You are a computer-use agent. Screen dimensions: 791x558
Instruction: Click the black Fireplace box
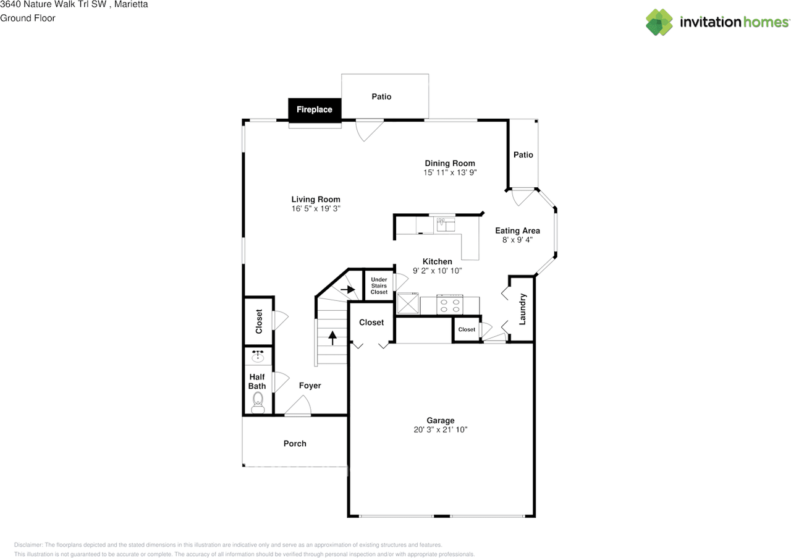315,109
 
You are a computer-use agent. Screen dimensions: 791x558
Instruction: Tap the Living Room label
316,199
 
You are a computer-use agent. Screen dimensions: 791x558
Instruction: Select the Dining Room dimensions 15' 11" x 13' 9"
450,172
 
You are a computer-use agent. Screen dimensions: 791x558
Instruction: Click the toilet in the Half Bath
258,403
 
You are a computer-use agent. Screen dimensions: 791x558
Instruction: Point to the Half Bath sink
258,357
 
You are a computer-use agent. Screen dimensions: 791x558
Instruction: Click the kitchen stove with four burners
450,305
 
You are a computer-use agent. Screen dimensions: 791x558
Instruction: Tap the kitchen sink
446,224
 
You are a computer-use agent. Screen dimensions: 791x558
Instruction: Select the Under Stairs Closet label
379,285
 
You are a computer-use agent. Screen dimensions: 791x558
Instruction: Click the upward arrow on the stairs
332,337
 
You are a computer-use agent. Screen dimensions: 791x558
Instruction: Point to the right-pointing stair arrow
348,290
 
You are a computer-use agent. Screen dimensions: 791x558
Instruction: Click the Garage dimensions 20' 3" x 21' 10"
441,429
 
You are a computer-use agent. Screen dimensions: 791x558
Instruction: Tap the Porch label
295,444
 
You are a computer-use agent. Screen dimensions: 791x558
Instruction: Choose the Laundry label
522,309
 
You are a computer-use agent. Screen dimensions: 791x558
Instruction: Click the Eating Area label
517,230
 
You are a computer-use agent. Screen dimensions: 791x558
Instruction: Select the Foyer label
310,386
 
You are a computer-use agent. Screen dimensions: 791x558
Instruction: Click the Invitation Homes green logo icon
659,22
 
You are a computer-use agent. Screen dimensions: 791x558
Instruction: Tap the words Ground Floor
28,18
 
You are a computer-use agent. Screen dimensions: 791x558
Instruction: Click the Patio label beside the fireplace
381,96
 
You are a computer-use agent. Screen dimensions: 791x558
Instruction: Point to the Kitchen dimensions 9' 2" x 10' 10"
437,271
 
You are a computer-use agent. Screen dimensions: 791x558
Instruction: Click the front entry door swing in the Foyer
298,405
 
